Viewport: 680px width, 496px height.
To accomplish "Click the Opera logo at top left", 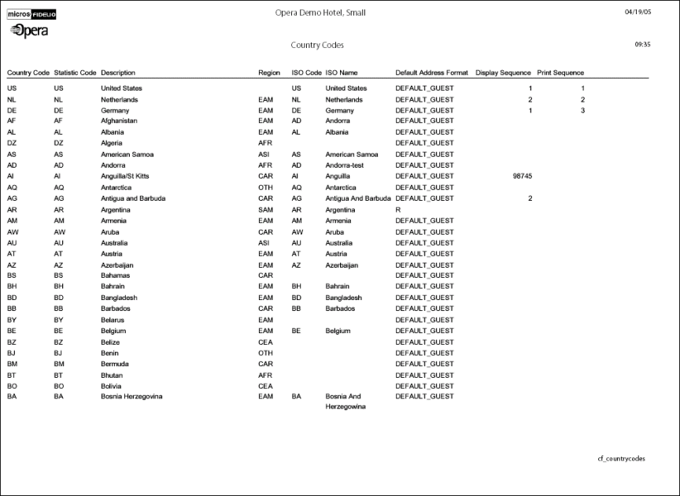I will point(29,30).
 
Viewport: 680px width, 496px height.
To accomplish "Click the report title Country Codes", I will point(316,45).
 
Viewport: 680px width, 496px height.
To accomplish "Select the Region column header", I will point(269,72).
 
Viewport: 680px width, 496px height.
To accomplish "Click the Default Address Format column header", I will point(431,72).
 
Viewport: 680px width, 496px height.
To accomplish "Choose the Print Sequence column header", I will point(560,72).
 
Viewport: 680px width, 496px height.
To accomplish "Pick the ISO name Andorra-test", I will point(348,165).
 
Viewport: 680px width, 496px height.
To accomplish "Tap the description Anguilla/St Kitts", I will point(125,176).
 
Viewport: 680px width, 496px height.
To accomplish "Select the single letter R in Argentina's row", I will point(397,210).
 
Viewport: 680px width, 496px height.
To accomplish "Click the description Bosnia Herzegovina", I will point(131,397).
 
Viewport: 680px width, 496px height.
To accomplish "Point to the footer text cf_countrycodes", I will point(621,458).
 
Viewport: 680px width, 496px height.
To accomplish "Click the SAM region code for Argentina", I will point(266,210).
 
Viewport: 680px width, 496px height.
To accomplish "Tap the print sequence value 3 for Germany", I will point(583,111).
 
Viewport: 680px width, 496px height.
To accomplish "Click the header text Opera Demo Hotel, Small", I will point(320,13).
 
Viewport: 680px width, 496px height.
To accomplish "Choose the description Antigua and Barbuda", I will point(133,198).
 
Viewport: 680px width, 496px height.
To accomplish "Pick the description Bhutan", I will point(112,376).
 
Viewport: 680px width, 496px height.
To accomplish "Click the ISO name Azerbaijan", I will point(343,265).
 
